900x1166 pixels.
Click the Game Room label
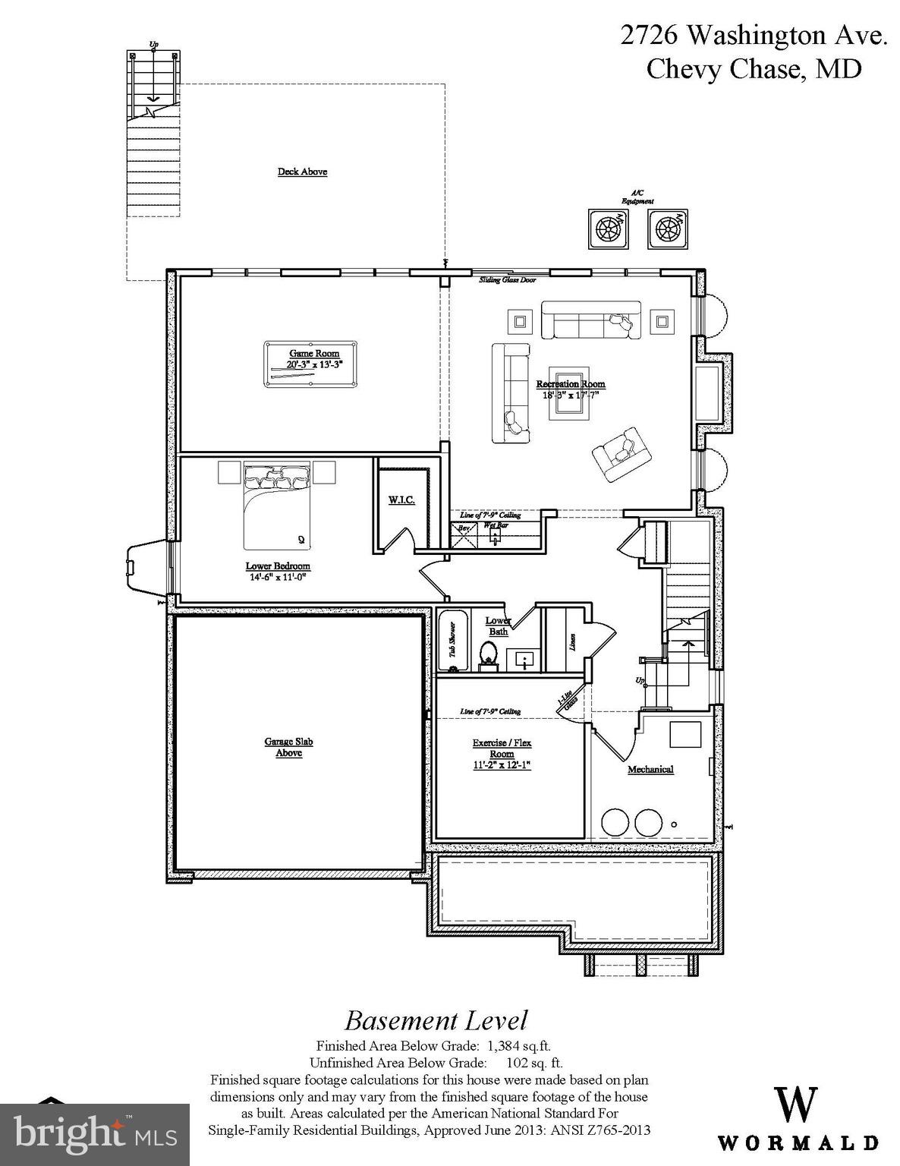point(313,353)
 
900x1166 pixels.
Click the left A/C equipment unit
point(609,228)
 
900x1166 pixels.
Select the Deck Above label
point(302,172)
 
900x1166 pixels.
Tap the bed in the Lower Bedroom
point(277,509)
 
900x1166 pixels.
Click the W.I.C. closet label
point(401,500)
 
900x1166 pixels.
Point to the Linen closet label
point(572,642)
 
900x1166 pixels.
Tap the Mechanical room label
point(650,769)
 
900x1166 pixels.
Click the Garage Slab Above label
point(288,747)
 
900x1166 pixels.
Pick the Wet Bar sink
point(496,537)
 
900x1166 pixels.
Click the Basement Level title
point(436,1019)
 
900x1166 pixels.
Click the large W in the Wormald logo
point(796,1105)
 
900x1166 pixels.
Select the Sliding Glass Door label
point(507,280)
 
